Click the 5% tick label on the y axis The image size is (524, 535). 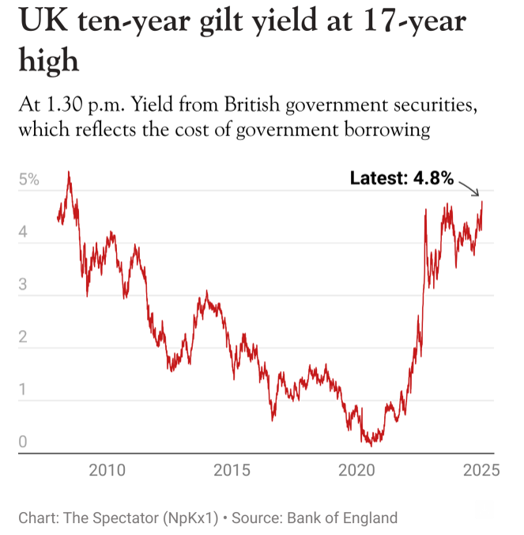[x=28, y=180]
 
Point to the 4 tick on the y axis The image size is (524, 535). [x=24, y=233]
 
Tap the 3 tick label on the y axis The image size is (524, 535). [x=24, y=285]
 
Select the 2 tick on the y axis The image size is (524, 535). [x=24, y=337]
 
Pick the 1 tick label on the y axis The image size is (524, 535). [x=24, y=389]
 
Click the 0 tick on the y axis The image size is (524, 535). [x=24, y=442]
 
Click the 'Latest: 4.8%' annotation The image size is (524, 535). [x=401, y=178]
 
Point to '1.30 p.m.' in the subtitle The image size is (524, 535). [x=98, y=105]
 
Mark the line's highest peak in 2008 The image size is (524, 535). [x=69, y=172]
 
